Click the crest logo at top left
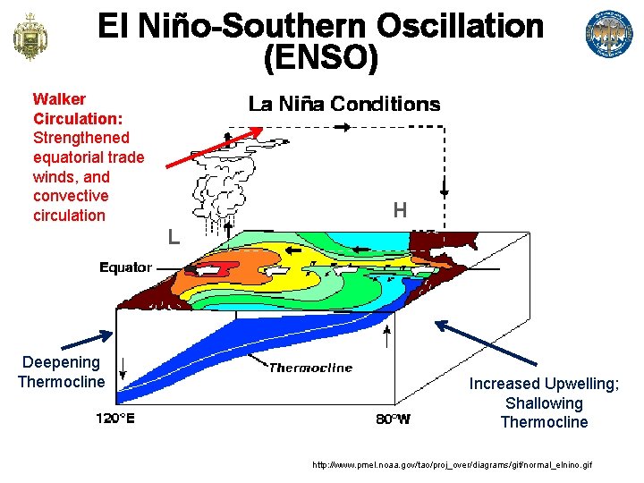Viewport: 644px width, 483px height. tap(30, 36)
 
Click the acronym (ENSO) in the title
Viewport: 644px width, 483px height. tap(321, 59)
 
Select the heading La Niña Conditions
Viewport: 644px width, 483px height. tap(344, 105)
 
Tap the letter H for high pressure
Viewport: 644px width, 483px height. tap(400, 211)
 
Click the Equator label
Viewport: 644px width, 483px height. tap(125, 267)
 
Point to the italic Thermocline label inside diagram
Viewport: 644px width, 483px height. tap(310, 368)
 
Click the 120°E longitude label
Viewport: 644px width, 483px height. tap(115, 419)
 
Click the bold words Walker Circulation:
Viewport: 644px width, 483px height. tap(77, 108)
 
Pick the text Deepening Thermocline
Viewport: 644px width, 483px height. tap(61, 372)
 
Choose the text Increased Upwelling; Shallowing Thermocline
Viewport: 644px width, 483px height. tap(544, 402)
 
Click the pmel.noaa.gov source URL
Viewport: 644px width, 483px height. tap(451, 465)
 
